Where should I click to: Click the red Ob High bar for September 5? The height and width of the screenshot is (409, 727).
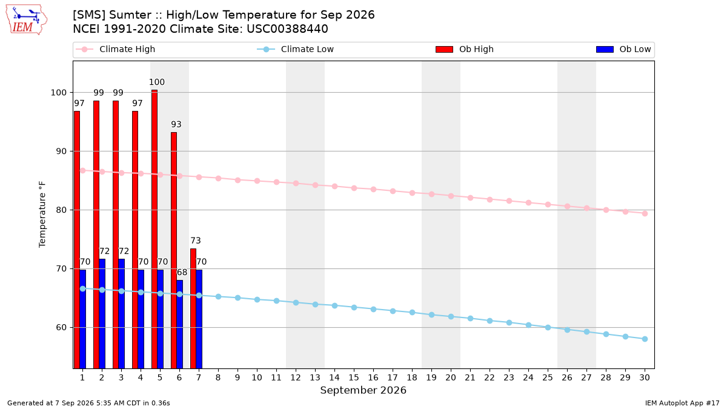click(154, 229)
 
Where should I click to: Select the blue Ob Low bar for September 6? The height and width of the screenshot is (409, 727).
click(179, 324)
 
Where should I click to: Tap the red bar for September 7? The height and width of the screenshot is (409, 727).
click(193, 308)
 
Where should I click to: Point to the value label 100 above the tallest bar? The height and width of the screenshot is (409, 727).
click(157, 82)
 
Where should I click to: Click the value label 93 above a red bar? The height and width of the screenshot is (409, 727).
click(176, 124)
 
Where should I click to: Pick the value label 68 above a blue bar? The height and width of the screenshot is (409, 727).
click(182, 272)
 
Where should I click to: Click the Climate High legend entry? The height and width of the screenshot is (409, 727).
click(116, 49)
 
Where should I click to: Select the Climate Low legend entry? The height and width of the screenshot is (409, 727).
click(296, 49)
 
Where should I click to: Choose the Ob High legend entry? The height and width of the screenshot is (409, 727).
click(465, 49)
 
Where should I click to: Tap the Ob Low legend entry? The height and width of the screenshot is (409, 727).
click(623, 49)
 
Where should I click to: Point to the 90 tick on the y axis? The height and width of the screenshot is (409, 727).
click(61, 151)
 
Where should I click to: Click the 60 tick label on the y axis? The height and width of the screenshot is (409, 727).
click(61, 328)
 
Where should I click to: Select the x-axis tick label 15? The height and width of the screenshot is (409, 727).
click(354, 377)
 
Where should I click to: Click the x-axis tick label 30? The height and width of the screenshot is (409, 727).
click(645, 377)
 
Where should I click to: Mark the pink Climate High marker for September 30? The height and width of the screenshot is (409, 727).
click(645, 213)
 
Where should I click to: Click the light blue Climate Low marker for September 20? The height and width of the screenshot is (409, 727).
click(451, 316)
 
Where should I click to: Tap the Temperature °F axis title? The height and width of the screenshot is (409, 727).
click(42, 214)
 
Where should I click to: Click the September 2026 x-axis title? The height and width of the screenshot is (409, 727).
click(363, 390)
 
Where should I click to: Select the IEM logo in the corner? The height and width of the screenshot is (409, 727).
click(26, 20)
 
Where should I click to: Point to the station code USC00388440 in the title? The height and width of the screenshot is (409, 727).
click(287, 29)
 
